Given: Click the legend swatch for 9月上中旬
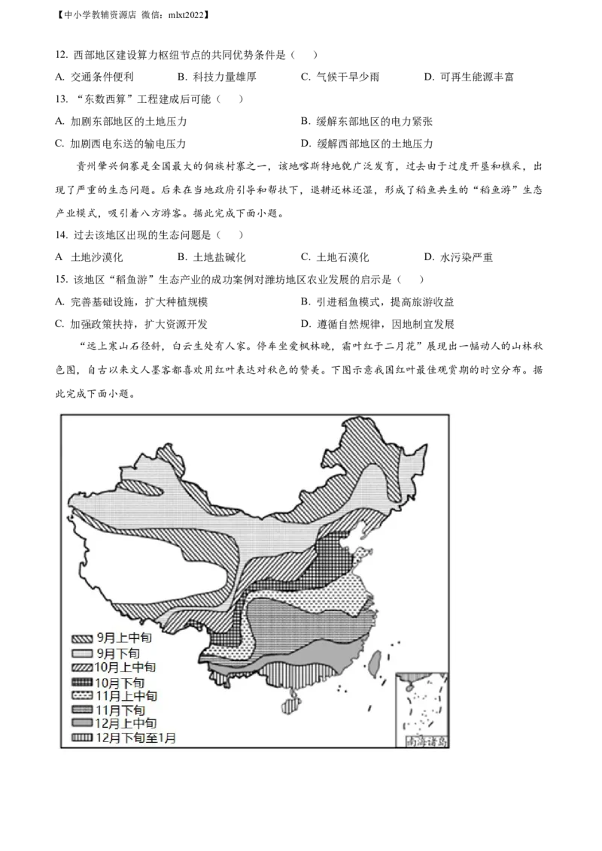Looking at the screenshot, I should click(82, 639).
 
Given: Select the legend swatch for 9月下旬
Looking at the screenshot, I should click(82, 653).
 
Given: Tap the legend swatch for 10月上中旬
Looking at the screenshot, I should click(82, 668).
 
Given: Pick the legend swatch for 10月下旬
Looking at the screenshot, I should click(82, 682).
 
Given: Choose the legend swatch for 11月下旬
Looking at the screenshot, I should click(82, 710).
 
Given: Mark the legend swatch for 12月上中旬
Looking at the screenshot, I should click(82, 723).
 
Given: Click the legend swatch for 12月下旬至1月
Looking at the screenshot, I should click(82, 737).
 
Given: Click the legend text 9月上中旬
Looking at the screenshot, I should click(124, 639).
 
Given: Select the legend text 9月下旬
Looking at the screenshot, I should click(118, 653).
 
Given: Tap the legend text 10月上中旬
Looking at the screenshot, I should click(126, 668).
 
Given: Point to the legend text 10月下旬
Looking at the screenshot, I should click(120, 682).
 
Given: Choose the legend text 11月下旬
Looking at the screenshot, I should click(120, 710).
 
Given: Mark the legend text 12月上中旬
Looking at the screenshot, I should click(126, 723).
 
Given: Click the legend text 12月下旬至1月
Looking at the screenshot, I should click(136, 737).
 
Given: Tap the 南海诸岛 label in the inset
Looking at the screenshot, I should click(426, 742).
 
